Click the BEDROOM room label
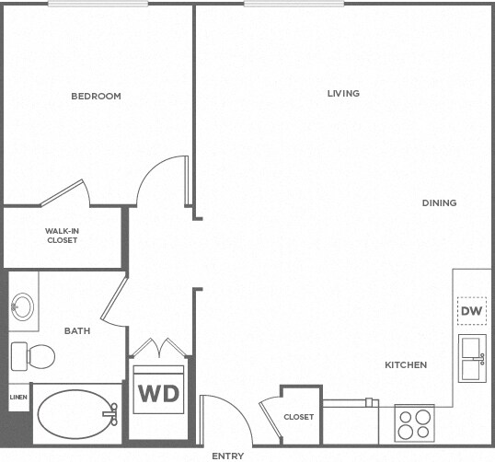(96, 96)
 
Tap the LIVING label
(342, 93)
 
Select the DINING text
(439, 202)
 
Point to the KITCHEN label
(406, 365)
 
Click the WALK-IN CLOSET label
(62, 236)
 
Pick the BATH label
(75, 330)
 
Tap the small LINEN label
(18, 398)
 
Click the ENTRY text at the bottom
(227, 456)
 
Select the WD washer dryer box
(158, 393)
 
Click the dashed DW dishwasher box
(471, 312)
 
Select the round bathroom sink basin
(22, 305)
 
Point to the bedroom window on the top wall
(98, 4)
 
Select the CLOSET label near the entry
(298, 417)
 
